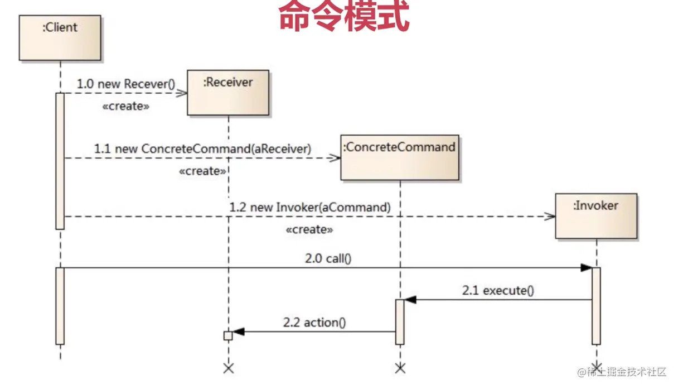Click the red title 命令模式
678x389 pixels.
344,17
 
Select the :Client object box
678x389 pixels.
60,37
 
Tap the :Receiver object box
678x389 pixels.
228,93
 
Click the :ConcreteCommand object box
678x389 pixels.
400,157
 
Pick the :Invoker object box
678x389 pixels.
596,215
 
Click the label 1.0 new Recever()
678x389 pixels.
125,84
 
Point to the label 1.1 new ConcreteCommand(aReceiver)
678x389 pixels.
202,149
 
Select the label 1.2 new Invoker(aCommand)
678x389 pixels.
309,207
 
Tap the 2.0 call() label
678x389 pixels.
328,258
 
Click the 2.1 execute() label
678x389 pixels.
498,290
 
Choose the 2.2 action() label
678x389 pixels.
314,322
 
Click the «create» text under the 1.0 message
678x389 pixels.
125,107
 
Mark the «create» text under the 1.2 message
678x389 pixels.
309,229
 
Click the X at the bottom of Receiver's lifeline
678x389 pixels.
228,368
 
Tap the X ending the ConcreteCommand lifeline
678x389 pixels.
400,368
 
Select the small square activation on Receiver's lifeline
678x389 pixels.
227,335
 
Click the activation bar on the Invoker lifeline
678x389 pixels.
596,306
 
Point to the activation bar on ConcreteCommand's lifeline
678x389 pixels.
400,322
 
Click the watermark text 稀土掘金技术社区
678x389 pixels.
627,372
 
